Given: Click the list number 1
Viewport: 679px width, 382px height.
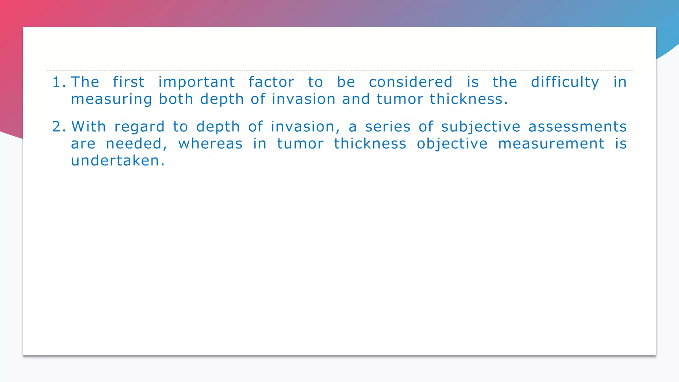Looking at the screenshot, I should (59, 82).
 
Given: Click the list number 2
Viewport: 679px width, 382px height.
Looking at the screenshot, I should (59, 127).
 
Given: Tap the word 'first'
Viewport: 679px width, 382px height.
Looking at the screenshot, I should (129, 82).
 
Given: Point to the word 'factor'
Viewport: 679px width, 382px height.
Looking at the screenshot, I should (272, 82).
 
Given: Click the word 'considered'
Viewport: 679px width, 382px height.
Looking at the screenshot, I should (410, 82).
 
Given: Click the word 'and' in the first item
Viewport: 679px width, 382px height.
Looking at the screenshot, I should (356, 99).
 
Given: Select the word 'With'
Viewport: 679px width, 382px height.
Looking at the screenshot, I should (89, 127).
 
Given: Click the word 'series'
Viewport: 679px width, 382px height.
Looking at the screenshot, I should (388, 127).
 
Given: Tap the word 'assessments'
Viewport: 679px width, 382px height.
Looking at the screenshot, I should (577, 127).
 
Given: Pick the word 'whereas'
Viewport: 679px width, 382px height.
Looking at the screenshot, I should (211, 144).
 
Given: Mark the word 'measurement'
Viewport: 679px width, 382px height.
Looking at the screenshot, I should (551, 144).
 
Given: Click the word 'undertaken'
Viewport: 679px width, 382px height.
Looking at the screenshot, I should (115, 161).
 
